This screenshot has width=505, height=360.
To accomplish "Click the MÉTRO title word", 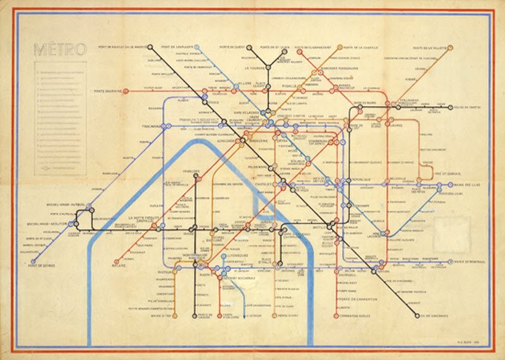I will point(56,50).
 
